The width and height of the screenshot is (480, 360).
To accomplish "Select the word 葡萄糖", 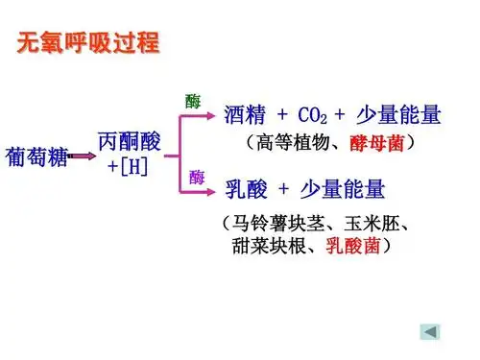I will click(36, 157).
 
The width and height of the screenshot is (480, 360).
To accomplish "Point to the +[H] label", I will click(128, 166).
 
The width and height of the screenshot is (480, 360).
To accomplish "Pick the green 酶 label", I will click(193, 101).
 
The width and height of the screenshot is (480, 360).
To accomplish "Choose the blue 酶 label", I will click(197, 177).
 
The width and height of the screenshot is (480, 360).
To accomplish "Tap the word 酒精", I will click(244, 116).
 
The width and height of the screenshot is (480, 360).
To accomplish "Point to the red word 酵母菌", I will click(376, 144).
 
